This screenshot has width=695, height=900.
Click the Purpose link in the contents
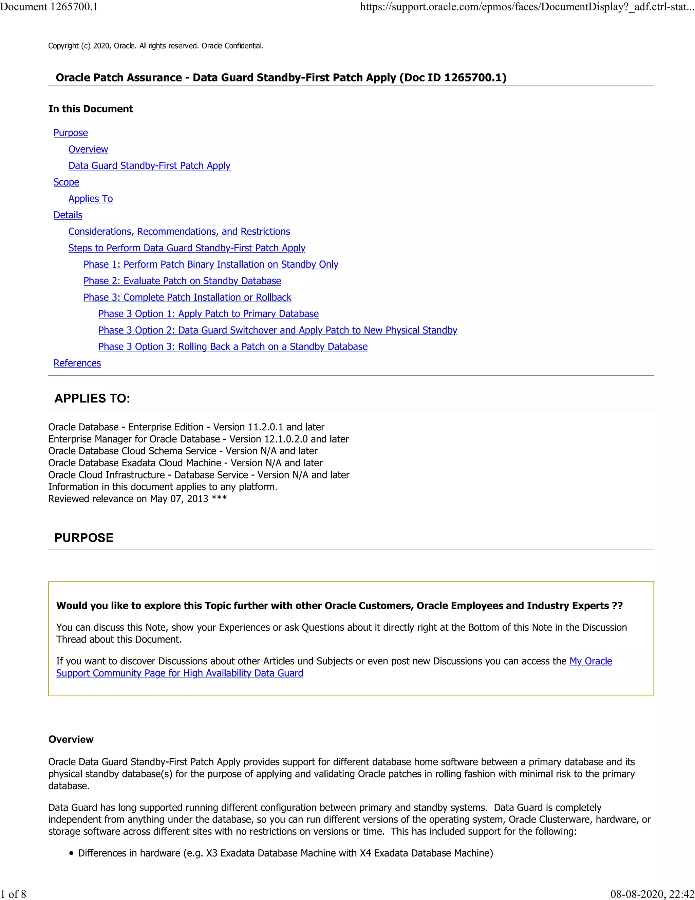point(70,133)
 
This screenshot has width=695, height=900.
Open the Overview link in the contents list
point(88,149)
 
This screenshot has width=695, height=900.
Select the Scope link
point(66,182)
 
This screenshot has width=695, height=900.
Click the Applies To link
point(91,199)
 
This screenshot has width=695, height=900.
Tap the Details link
point(68,215)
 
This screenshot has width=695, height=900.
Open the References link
point(77,363)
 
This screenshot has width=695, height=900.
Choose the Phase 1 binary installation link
point(211,265)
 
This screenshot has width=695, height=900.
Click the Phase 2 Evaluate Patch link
point(182,281)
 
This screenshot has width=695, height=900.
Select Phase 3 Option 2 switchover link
point(278,330)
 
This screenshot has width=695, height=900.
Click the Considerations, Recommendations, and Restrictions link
point(179,232)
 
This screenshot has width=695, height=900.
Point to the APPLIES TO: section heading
point(92,398)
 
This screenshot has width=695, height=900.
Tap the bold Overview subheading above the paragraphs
point(71,739)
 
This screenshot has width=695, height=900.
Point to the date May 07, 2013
point(179,499)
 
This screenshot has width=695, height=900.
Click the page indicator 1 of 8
point(13,894)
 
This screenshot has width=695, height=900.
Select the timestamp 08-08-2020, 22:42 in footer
point(652,894)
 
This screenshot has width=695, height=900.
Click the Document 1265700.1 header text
point(49,6)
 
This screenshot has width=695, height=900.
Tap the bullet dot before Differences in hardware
point(72,853)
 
